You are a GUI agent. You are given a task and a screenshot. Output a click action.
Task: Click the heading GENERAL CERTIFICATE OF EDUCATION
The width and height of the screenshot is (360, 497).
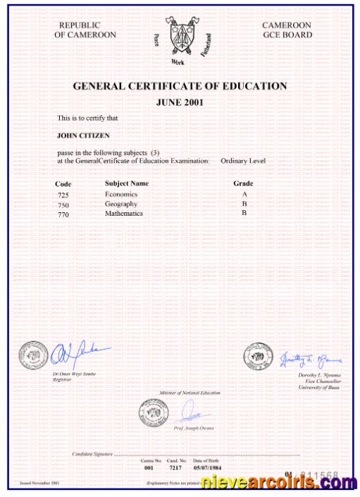click(180, 86)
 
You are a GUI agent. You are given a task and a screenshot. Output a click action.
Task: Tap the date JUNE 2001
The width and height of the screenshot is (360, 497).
click(180, 102)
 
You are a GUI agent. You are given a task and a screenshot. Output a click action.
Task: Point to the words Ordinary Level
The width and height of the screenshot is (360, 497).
click(242, 161)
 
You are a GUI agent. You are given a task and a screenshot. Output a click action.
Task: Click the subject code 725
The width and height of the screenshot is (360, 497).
click(63, 195)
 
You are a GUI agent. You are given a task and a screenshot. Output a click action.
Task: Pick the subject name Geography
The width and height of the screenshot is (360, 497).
click(120, 203)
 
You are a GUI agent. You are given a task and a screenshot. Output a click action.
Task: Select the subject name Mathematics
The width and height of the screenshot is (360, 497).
click(124, 213)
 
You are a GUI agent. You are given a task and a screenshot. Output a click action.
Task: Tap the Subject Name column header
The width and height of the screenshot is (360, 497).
click(127, 183)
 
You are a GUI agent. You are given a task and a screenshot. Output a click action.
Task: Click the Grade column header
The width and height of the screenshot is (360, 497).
click(243, 183)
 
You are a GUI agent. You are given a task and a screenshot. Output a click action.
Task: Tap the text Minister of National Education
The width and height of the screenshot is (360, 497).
click(190, 393)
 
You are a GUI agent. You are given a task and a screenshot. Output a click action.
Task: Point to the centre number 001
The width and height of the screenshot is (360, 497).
click(148, 467)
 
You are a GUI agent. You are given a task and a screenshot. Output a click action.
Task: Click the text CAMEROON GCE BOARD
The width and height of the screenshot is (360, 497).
click(286, 30)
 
